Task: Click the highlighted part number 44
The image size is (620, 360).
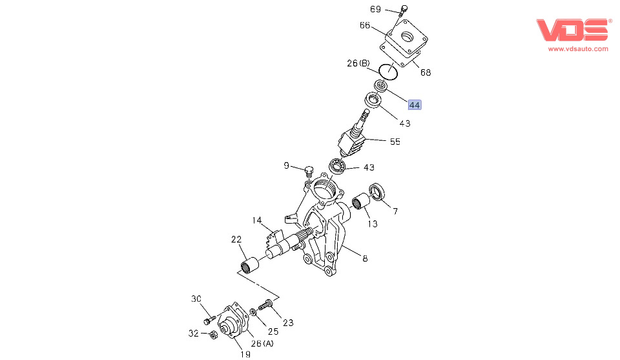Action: (x=415, y=105)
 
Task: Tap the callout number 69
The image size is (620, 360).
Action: (x=376, y=9)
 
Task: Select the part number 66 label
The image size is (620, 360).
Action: (x=365, y=25)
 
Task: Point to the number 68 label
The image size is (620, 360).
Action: (x=426, y=72)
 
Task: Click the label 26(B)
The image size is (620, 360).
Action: (x=358, y=63)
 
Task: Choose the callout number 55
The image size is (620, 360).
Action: (x=395, y=141)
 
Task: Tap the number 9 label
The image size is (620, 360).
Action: (x=286, y=165)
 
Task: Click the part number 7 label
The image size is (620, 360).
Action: (x=395, y=211)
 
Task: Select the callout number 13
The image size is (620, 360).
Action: (x=372, y=224)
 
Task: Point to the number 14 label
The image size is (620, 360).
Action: (x=257, y=220)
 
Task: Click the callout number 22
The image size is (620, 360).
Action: (x=236, y=239)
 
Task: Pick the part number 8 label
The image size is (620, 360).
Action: (x=365, y=259)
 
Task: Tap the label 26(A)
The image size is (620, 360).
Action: (x=262, y=343)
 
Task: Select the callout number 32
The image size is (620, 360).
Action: (x=193, y=334)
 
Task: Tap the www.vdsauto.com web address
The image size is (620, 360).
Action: (x=578, y=48)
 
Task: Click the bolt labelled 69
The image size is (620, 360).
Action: (x=404, y=10)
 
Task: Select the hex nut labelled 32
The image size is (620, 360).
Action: (x=212, y=334)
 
